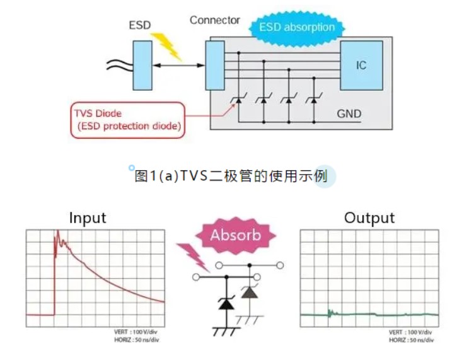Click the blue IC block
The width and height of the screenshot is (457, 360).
tap(361, 65)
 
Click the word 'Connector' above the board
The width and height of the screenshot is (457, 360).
tap(215, 20)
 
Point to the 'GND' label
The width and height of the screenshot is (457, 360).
tap(349, 114)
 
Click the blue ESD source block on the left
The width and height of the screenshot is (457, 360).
tap(142, 65)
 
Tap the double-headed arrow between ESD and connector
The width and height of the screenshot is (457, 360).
tap(179, 66)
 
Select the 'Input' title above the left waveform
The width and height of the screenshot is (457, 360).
tap(88, 218)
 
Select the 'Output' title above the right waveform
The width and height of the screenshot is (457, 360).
tap(369, 218)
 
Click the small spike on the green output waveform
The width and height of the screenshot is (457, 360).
tap(329, 311)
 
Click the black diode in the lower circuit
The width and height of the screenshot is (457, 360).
tap(224, 304)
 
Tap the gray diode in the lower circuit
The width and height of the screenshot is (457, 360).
tap(250, 292)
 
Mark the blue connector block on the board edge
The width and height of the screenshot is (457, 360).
tap(214, 65)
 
